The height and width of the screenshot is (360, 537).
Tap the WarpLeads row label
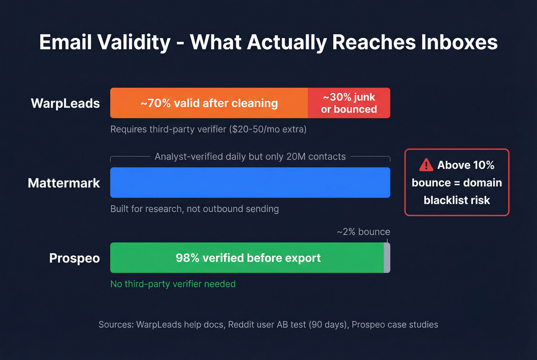(x=65, y=103)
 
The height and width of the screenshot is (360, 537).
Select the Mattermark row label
(x=64, y=183)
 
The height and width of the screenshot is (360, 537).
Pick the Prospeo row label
(x=74, y=258)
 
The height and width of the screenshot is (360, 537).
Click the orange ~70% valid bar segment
(x=209, y=103)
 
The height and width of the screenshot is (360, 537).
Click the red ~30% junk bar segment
(x=349, y=103)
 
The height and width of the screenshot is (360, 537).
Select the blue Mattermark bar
(x=250, y=182)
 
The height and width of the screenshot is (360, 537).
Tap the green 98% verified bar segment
(x=247, y=258)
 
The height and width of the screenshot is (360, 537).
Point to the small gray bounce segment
(x=387, y=258)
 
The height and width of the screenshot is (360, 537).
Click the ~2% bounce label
(x=363, y=232)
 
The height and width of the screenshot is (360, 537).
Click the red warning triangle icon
(x=426, y=165)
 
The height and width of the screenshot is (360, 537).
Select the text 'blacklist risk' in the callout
(x=456, y=200)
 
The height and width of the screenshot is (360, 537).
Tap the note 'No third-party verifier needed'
(x=173, y=284)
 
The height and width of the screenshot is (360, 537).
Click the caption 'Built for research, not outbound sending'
(x=194, y=209)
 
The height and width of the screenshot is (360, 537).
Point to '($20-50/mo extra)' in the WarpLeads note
(x=268, y=129)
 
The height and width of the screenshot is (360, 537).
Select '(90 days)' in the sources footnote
(x=329, y=325)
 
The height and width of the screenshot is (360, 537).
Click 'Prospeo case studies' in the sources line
(x=395, y=325)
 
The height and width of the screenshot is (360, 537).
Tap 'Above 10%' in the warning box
(x=465, y=165)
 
